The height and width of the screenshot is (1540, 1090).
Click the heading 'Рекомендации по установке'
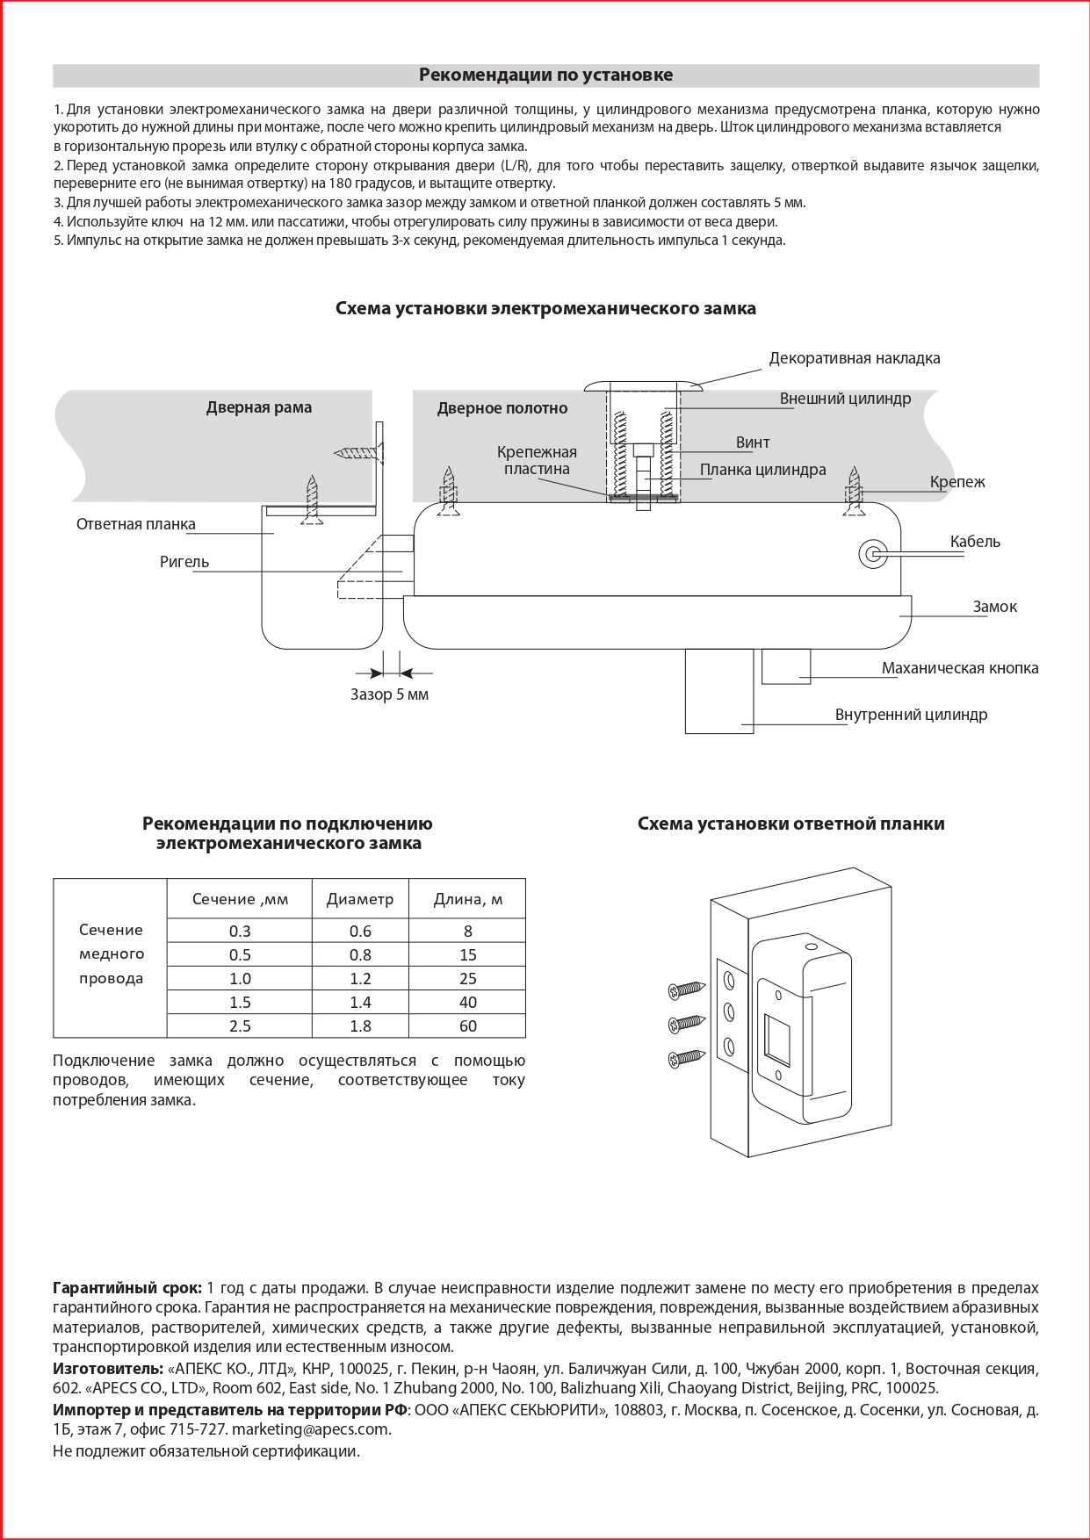(545, 76)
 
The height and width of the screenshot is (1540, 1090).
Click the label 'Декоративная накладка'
(854, 358)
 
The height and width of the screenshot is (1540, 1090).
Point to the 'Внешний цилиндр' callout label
(845, 399)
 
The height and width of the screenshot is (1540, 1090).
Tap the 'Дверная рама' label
(259, 407)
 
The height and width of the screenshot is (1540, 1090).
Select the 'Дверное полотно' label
(502, 408)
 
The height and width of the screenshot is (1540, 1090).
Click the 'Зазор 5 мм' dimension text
(389, 694)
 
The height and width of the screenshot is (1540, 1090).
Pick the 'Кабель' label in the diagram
(975, 542)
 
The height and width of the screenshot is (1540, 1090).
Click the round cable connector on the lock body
(873, 553)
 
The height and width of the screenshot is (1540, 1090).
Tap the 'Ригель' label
(184, 562)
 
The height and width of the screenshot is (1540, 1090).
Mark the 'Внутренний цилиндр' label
(911, 715)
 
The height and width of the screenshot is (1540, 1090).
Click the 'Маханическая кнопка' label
(959, 668)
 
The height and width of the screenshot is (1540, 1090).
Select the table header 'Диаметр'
(360, 899)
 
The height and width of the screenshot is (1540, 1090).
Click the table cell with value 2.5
(240, 1026)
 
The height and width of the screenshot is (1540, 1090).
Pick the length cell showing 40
(467, 1003)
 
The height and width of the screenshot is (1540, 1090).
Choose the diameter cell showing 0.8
(360, 955)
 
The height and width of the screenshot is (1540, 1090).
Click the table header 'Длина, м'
(467, 899)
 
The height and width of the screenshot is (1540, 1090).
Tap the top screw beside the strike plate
(687, 989)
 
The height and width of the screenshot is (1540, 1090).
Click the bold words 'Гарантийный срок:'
(127, 1288)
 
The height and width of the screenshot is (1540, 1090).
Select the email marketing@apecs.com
(311, 1428)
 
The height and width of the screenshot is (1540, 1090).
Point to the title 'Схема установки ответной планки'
(790, 824)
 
